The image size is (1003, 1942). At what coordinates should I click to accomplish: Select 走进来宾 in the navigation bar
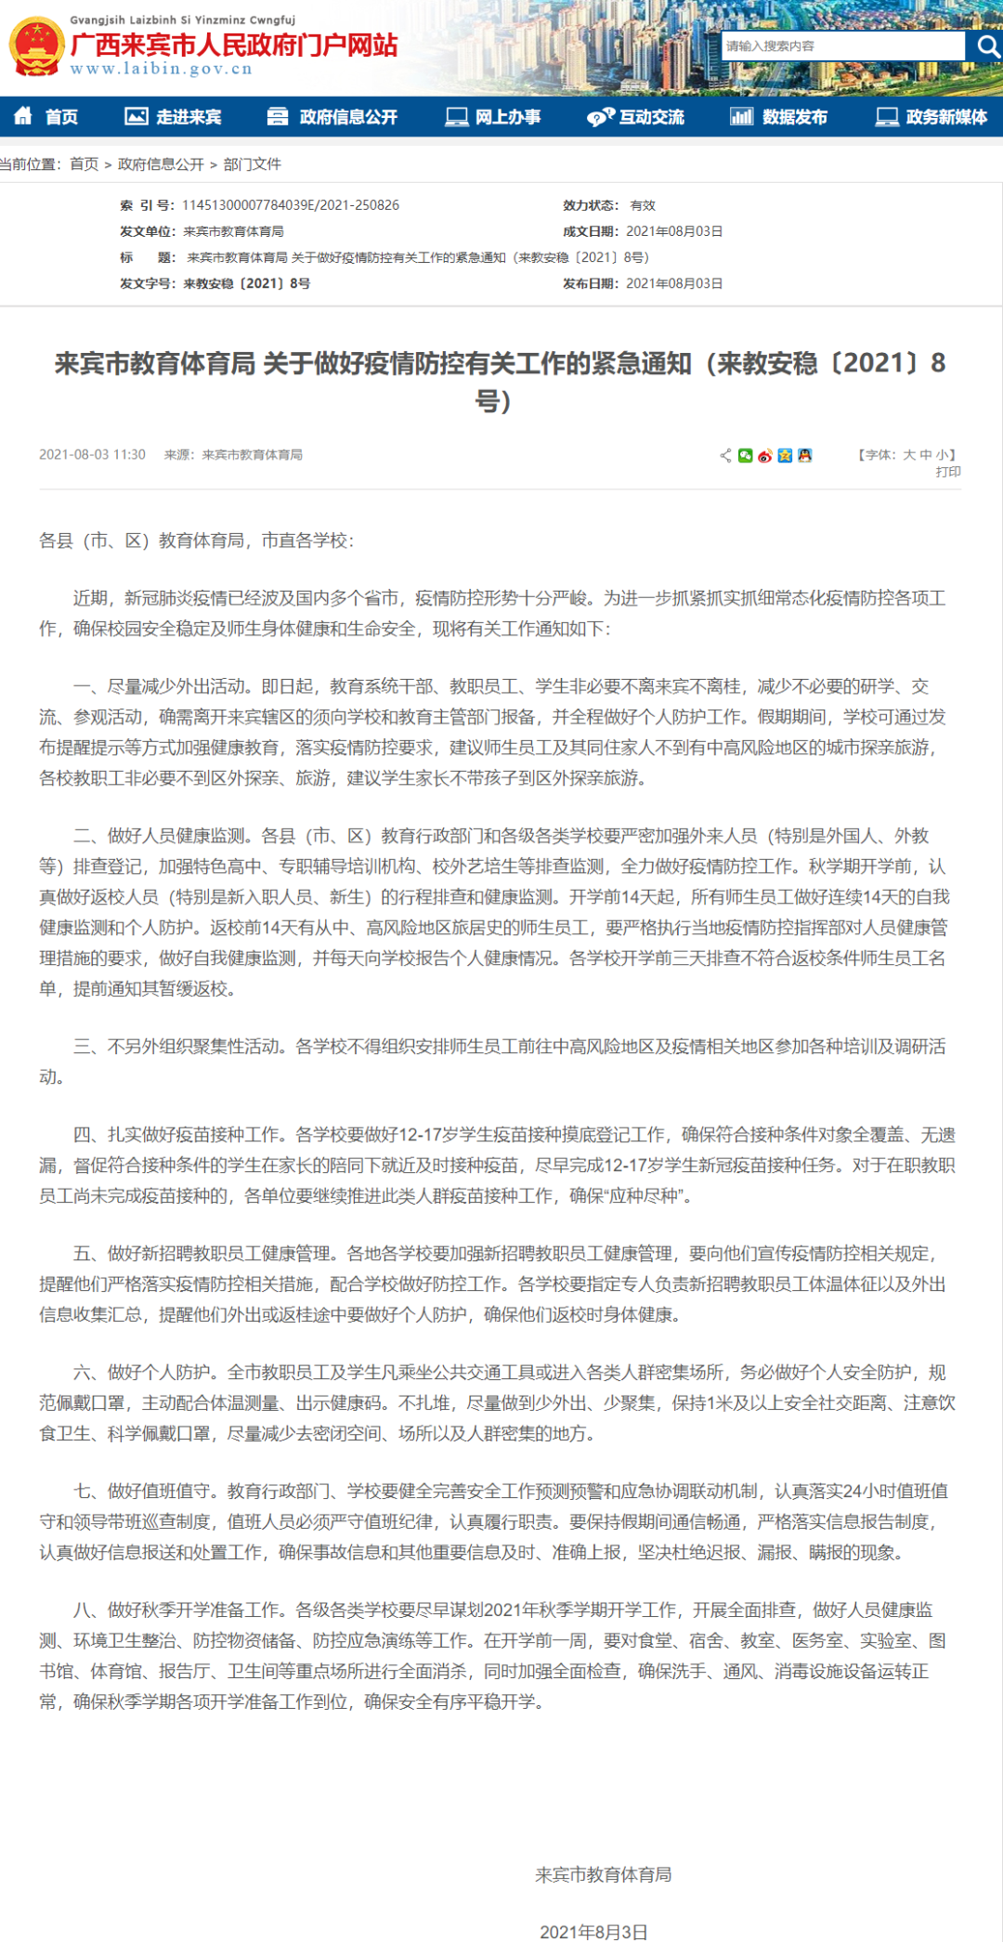point(174,117)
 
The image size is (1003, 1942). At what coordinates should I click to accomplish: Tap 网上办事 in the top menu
point(493,117)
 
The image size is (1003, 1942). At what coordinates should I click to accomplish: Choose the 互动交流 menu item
point(636,117)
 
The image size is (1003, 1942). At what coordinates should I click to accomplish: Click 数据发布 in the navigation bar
point(779,117)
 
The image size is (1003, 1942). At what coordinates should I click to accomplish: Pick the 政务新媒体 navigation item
point(931,117)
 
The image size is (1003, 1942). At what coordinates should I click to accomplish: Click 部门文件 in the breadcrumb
point(252,164)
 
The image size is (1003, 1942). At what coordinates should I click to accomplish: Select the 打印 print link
point(948,472)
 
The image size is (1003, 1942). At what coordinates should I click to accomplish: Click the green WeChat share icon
point(745,455)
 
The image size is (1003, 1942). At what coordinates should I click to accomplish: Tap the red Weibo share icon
point(765,455)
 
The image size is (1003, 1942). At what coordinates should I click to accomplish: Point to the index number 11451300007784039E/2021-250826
point(291,205)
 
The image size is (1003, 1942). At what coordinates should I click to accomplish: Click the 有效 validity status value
point(643,205)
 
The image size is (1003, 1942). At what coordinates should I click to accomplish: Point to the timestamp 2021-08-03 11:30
point(92,455)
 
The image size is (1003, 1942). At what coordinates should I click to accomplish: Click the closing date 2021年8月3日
point(593,1932)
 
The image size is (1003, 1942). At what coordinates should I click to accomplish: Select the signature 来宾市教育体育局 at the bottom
point(603,1874)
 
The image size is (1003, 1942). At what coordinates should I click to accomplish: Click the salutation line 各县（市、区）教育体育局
point(196,541)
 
